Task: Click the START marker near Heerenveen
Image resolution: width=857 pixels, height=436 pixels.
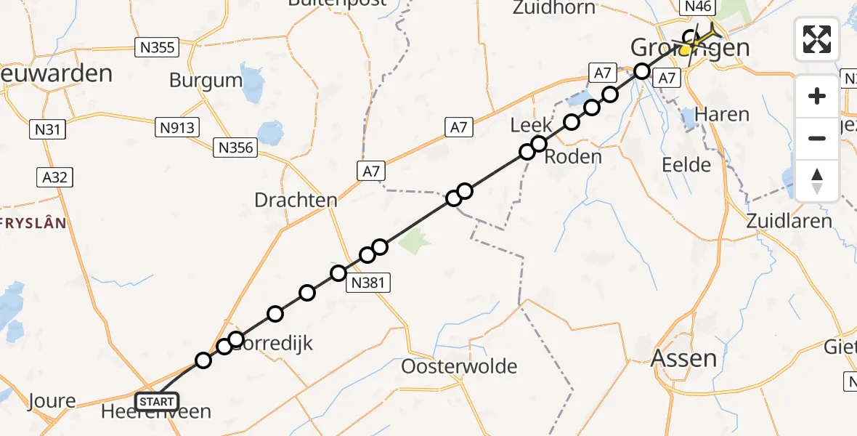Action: click(x=156, y=401)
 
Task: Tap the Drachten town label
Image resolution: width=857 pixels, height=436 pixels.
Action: click(x=296, y=200)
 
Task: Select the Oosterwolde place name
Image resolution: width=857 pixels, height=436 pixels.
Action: click(x=460, y=366)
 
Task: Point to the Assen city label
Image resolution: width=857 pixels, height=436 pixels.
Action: click(x=683, y=358)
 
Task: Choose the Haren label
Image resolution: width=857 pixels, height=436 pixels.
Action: click(x=722, y=114)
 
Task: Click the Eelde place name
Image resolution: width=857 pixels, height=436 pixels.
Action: click(x=686, y=165)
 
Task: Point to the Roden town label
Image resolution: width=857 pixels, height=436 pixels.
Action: click(x=573, y=156)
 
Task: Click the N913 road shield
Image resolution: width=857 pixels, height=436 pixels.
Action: click(x=177, y=128)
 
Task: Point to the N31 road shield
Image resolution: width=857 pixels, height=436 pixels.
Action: click(x=47, y=130)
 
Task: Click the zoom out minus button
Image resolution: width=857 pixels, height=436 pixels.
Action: click(x=817, y=138)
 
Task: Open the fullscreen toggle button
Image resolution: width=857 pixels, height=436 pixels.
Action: click(x=817, y=39)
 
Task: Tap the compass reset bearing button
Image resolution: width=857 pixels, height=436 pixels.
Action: click(x=817, y=180)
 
